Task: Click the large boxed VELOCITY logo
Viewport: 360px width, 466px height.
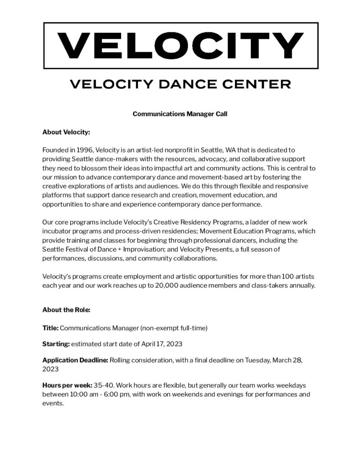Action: [x=180, y=45]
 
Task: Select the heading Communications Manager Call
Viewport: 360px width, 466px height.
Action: [x=180, y=114]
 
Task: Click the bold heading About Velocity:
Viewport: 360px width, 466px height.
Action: [x=66, y=132]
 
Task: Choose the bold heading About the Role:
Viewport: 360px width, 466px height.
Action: [x=66, y=310]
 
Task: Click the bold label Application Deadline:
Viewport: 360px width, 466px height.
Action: [x=75, y=360]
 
